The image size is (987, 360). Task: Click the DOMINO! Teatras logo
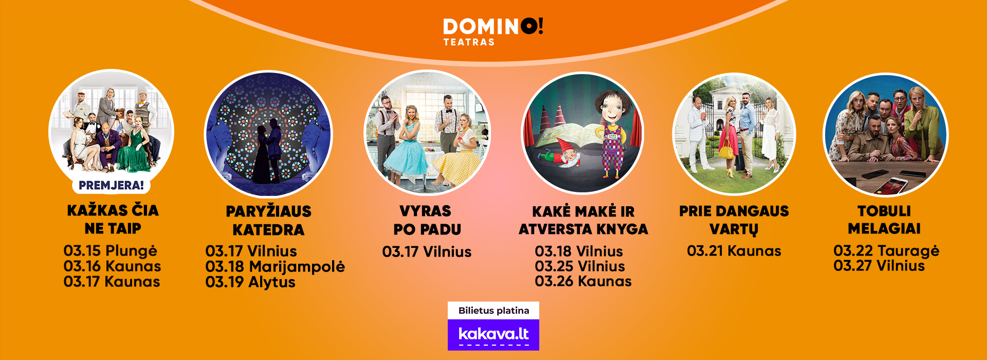(x=493, y=32)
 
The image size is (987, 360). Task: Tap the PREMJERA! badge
(x=111, y=185)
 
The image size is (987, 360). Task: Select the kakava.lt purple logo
(x=493, y=335)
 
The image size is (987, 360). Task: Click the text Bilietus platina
(x=493, y=311)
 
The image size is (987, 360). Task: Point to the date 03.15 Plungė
(x=111, y=251)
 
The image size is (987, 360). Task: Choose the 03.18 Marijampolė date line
(x=275, y=267)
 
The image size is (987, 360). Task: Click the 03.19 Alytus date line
(x=250, y=282)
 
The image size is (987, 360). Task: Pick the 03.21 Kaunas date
(x=734, y=251)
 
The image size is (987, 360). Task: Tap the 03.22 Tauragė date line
(x=886, y=251)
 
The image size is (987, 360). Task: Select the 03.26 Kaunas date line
(x=583, y=281)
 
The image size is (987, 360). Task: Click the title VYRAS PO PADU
(x=427, y=220)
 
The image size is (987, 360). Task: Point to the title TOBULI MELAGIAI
(x=884, y=220)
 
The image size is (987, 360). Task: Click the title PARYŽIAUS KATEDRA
(x=268, y=220)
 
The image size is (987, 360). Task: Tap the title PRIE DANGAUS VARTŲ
(x=734, y=220)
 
